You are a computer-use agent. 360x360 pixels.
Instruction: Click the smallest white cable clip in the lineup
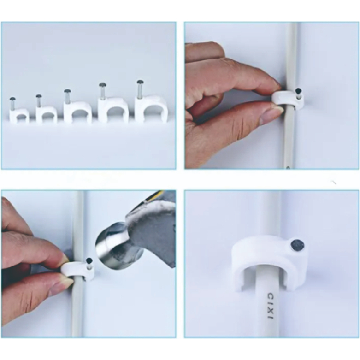click(x=19, y=115)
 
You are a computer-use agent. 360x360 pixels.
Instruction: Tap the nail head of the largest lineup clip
click(x=140, y=82)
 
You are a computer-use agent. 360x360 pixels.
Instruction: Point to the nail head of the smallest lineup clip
click(x=12, y=99)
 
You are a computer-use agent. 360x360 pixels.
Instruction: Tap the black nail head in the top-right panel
click(x=299, y=91)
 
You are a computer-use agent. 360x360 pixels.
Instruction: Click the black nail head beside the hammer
click(x=89, y=261)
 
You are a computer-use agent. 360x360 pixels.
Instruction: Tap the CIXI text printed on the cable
click(x=271, y=306)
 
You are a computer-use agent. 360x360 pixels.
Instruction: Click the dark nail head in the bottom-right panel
click(x=297, y=245)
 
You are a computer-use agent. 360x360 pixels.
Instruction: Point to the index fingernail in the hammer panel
click(x=64, y=258)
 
